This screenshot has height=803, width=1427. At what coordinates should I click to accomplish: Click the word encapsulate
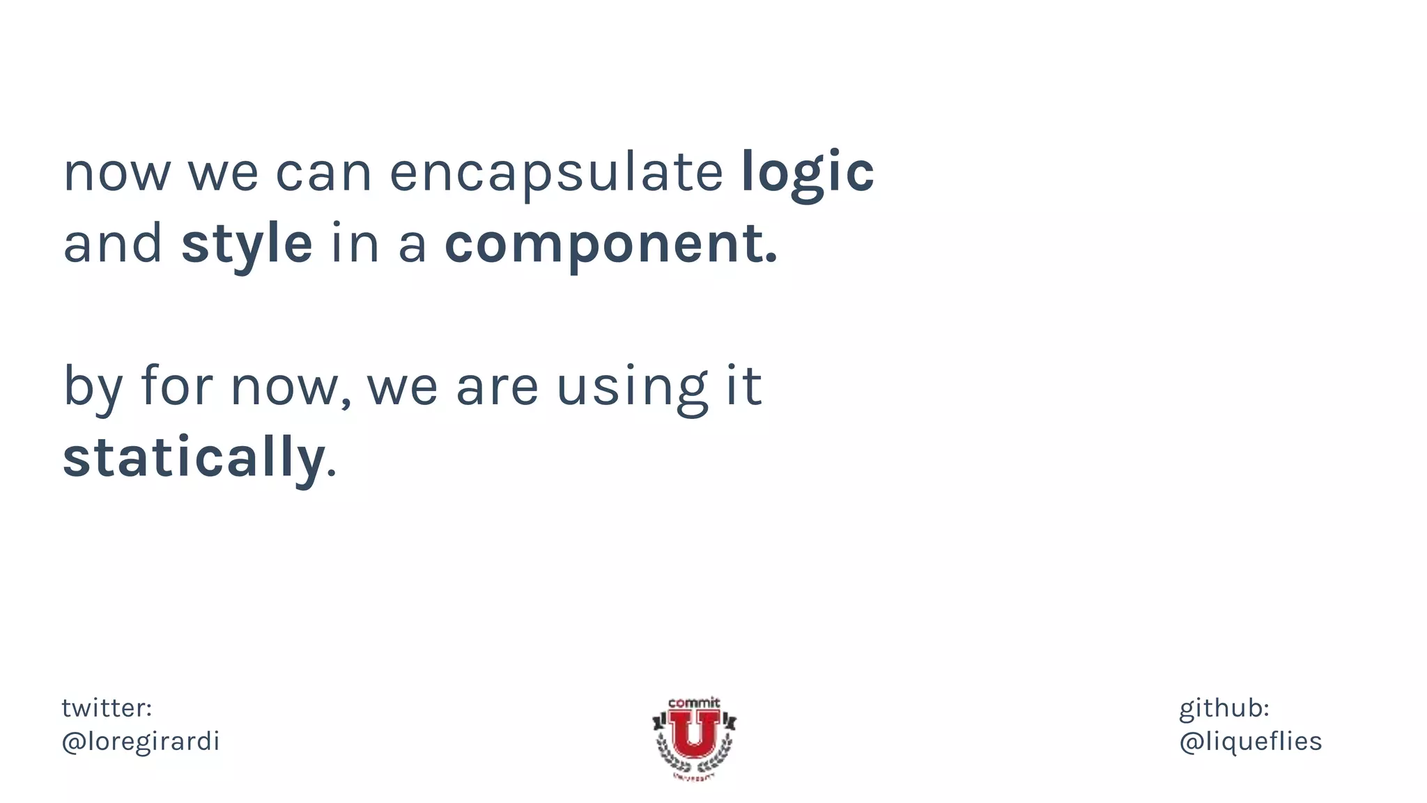[556, 172]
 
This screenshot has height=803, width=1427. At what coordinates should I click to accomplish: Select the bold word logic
[807, 172]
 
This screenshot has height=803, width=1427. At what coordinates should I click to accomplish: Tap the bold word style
[247, 244]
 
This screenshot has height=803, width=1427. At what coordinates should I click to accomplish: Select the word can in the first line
[324, 172]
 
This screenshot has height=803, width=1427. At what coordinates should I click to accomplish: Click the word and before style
[113, 244]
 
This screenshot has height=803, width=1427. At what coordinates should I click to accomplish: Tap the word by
[93, 387]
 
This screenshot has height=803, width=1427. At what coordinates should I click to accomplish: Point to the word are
[497, 387]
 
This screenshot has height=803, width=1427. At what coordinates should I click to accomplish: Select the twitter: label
[107, 708]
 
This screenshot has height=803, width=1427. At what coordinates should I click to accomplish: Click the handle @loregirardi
[141, 742]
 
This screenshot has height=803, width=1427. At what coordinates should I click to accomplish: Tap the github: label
[1224, 708]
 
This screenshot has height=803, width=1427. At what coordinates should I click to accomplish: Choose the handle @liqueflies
[1250, 742]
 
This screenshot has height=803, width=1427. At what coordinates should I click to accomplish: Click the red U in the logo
[694, 734]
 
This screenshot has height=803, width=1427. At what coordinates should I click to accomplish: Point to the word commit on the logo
[693, 703]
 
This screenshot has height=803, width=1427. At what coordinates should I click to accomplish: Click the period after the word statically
[332, 474]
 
